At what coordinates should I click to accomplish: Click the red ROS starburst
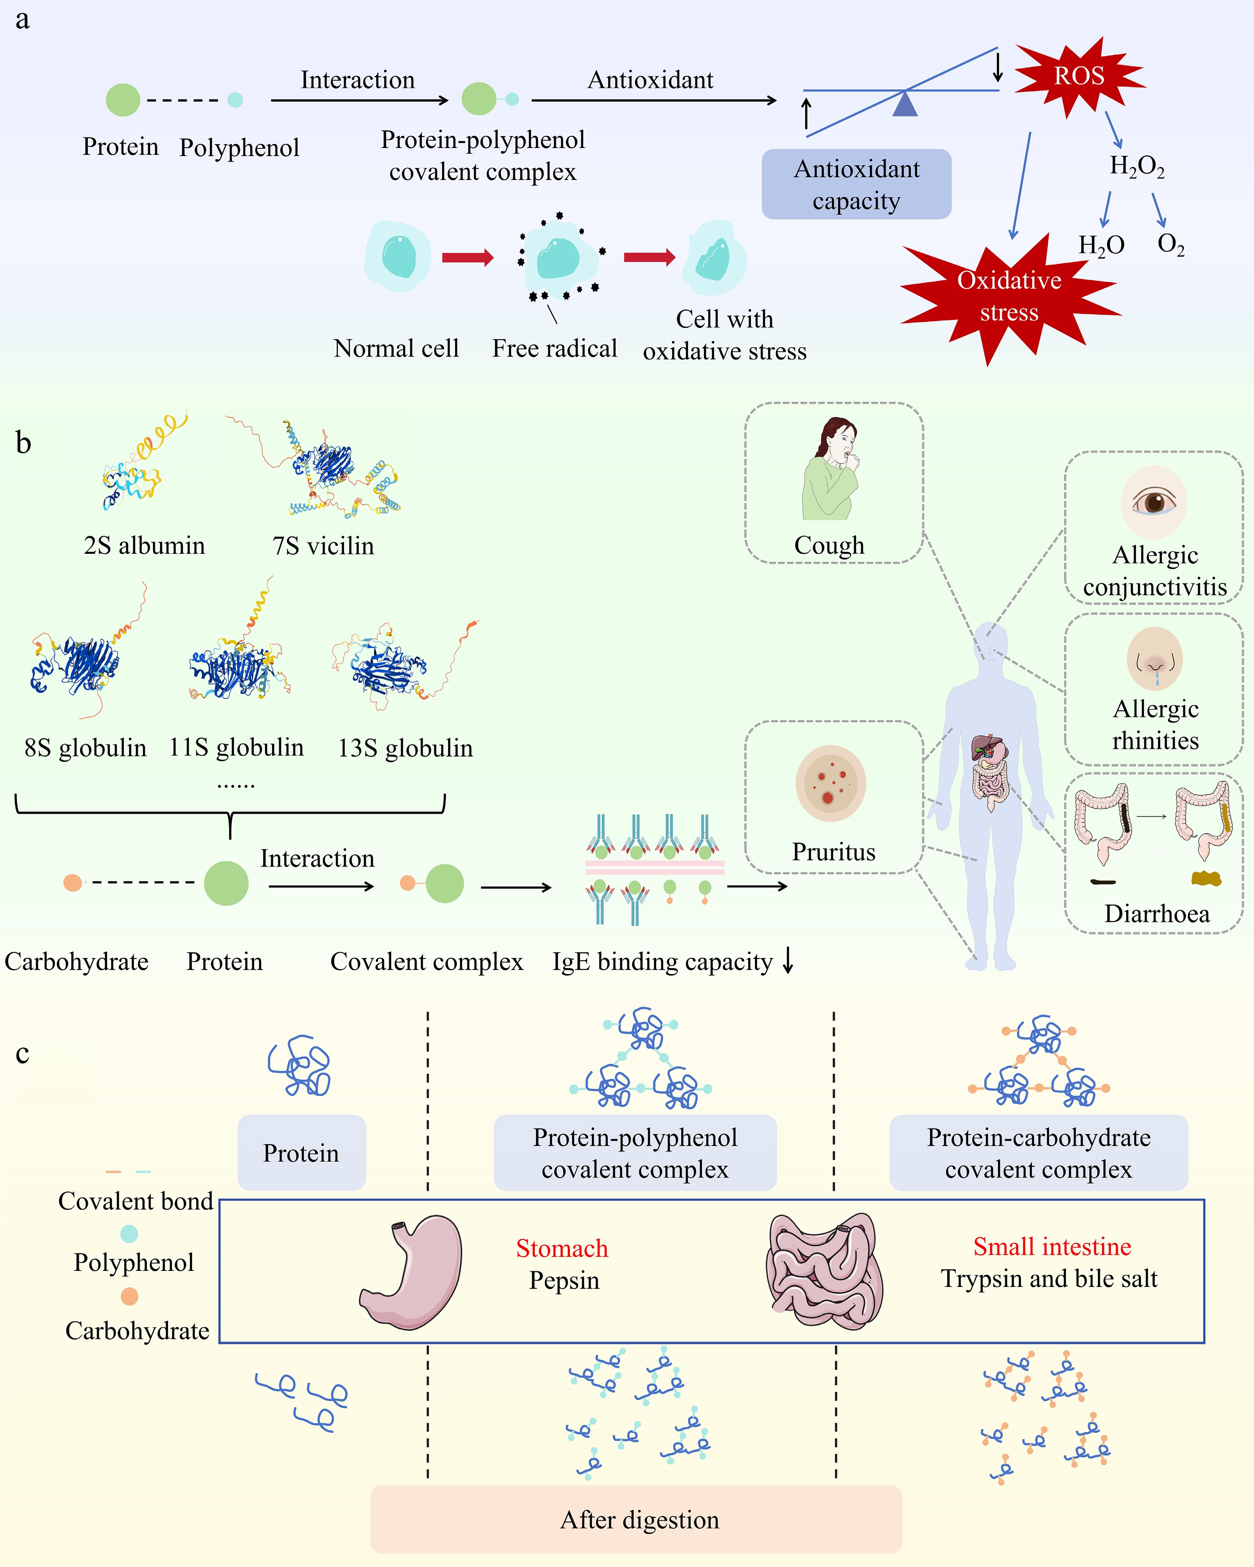click(1079, 76)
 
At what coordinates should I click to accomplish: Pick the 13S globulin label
click(405, 748)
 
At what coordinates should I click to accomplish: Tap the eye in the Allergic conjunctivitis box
click(1154, 502)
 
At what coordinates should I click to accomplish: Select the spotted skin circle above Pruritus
click(830, 784)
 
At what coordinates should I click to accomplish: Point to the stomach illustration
click(412, 1272)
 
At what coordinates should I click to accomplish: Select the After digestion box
click(636, 1519)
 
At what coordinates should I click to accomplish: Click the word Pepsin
click(564, 1280)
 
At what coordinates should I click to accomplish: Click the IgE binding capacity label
click(662, 962)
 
